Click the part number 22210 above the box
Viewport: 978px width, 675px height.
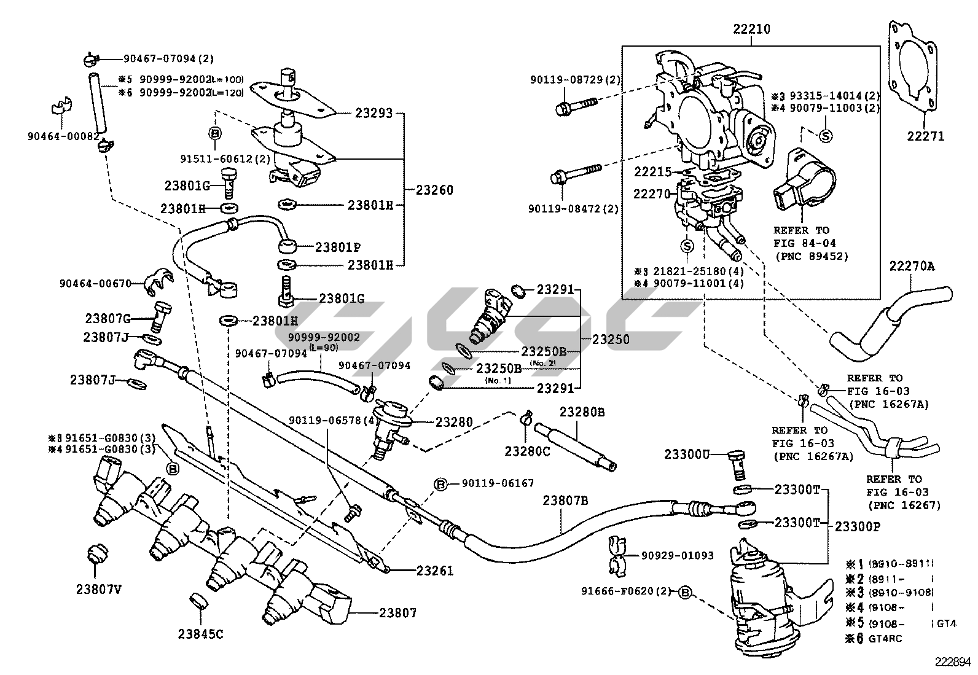coord(751,29)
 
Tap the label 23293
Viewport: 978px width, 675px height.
coord(373,114)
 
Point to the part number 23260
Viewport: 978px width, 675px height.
coord(434,190)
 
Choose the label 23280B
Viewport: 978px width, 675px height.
coord(581,412)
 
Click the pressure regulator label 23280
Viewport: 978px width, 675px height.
coord(454,422)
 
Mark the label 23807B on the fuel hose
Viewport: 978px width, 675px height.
coord(565,501)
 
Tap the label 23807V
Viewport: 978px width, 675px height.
coord(98,589)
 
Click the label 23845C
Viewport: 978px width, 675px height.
coord(201,633)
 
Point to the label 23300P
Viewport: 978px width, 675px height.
coord(858,526)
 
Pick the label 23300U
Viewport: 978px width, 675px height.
coord(687,455)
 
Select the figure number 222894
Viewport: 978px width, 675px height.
coord(954,662)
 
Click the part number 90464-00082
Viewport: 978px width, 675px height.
coord(63,136)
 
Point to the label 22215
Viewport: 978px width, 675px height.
coord(652,173)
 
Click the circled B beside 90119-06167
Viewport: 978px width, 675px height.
coord(440,484)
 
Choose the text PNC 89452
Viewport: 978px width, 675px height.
coord(811,256)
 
